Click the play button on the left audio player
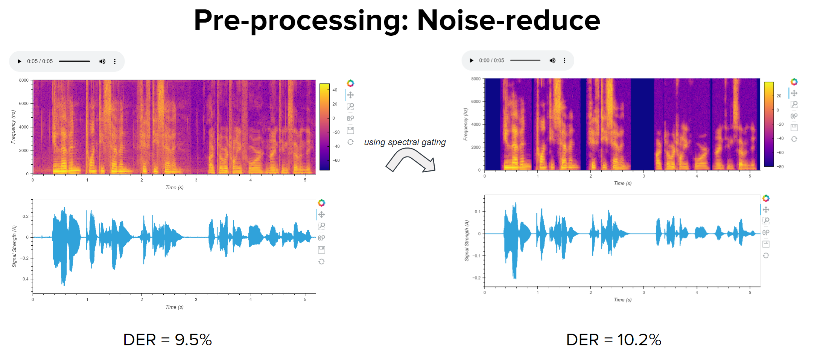pos(19,61)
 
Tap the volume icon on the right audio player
pos(552,61)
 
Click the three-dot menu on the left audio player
pos(115,61)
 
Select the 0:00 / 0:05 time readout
pos(491,61)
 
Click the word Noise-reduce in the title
pos(508,20)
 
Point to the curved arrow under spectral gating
pos(411,160)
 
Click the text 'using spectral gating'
pos(405,142)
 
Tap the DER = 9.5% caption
pos(167,340)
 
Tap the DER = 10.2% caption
pos(613,340)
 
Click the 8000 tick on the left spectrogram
pos(24,80)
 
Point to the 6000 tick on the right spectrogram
pos(476,102)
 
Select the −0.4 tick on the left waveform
pos(24,279)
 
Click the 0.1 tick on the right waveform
pos(477,212)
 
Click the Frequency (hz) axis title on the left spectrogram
pos(13,127)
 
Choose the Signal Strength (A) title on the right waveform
pos(467,241)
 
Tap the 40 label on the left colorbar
pos(335,90)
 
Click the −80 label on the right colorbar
pos(780,167)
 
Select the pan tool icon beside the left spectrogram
pos(350,95)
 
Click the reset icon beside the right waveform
pos(766,255)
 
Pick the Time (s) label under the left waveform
pos(175,307)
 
